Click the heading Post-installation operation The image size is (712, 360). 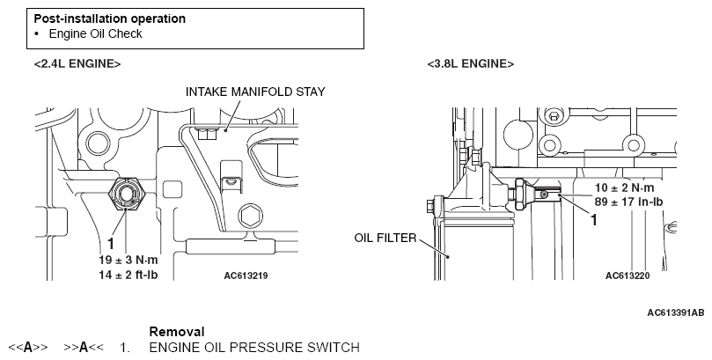coord(110,19)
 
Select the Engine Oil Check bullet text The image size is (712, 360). coord(95,34)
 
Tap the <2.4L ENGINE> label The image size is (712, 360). coord(77,64)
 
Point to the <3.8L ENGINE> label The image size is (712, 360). coord(471,64)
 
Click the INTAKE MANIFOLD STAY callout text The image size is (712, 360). coord(255,92)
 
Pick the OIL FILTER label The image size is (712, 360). coord(385,238)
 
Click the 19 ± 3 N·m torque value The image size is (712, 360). coord(128,261)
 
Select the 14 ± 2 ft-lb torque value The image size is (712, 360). coord(128,275)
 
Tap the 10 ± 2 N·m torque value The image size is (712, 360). coord(625,188)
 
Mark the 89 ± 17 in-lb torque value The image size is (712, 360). coord(629,202)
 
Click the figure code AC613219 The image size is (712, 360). coord(246,276)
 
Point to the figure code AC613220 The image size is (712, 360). coord(628,276)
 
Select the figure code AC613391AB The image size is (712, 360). coord(676,312)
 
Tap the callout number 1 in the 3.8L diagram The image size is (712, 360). coord(593,220)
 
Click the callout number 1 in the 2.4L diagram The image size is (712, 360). coord(110,244)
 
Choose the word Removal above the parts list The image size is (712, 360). coord(177,332)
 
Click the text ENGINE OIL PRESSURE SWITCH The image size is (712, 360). coord(254,348)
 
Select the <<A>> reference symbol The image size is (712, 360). coord(28,348)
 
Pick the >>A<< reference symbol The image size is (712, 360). coord(84,348)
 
